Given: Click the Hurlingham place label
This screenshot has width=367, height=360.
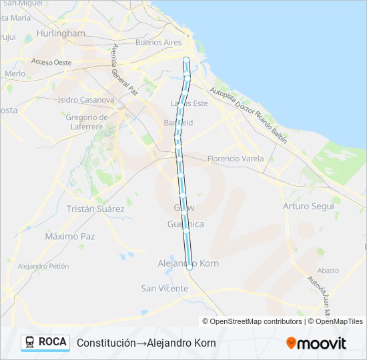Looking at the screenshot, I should tap(61, 33).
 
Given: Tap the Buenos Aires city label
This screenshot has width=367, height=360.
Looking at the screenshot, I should tap(158, 42).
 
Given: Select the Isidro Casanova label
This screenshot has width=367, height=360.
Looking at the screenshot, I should tap(86, 99).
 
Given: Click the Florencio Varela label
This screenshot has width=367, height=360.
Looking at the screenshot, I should tap(236, 159).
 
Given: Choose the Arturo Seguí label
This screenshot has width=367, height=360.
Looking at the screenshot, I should tap(308, 206).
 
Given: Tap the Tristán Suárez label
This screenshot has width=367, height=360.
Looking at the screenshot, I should tap(95, 209).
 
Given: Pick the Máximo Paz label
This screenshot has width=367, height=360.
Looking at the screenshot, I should tap(70, 236).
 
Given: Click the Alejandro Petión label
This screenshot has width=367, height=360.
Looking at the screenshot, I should tap(43, 265).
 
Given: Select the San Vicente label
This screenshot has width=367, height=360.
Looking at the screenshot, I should tap(164, 288).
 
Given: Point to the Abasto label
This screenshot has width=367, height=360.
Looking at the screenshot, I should tap(328, 270).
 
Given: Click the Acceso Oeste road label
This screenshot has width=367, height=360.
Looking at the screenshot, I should tap(51, 63).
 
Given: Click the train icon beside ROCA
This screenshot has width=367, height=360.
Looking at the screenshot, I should tap(30, 342).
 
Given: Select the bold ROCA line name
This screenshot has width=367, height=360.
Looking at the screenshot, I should tap(53, 342).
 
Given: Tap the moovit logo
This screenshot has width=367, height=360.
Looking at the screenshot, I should tap(316, 343).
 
